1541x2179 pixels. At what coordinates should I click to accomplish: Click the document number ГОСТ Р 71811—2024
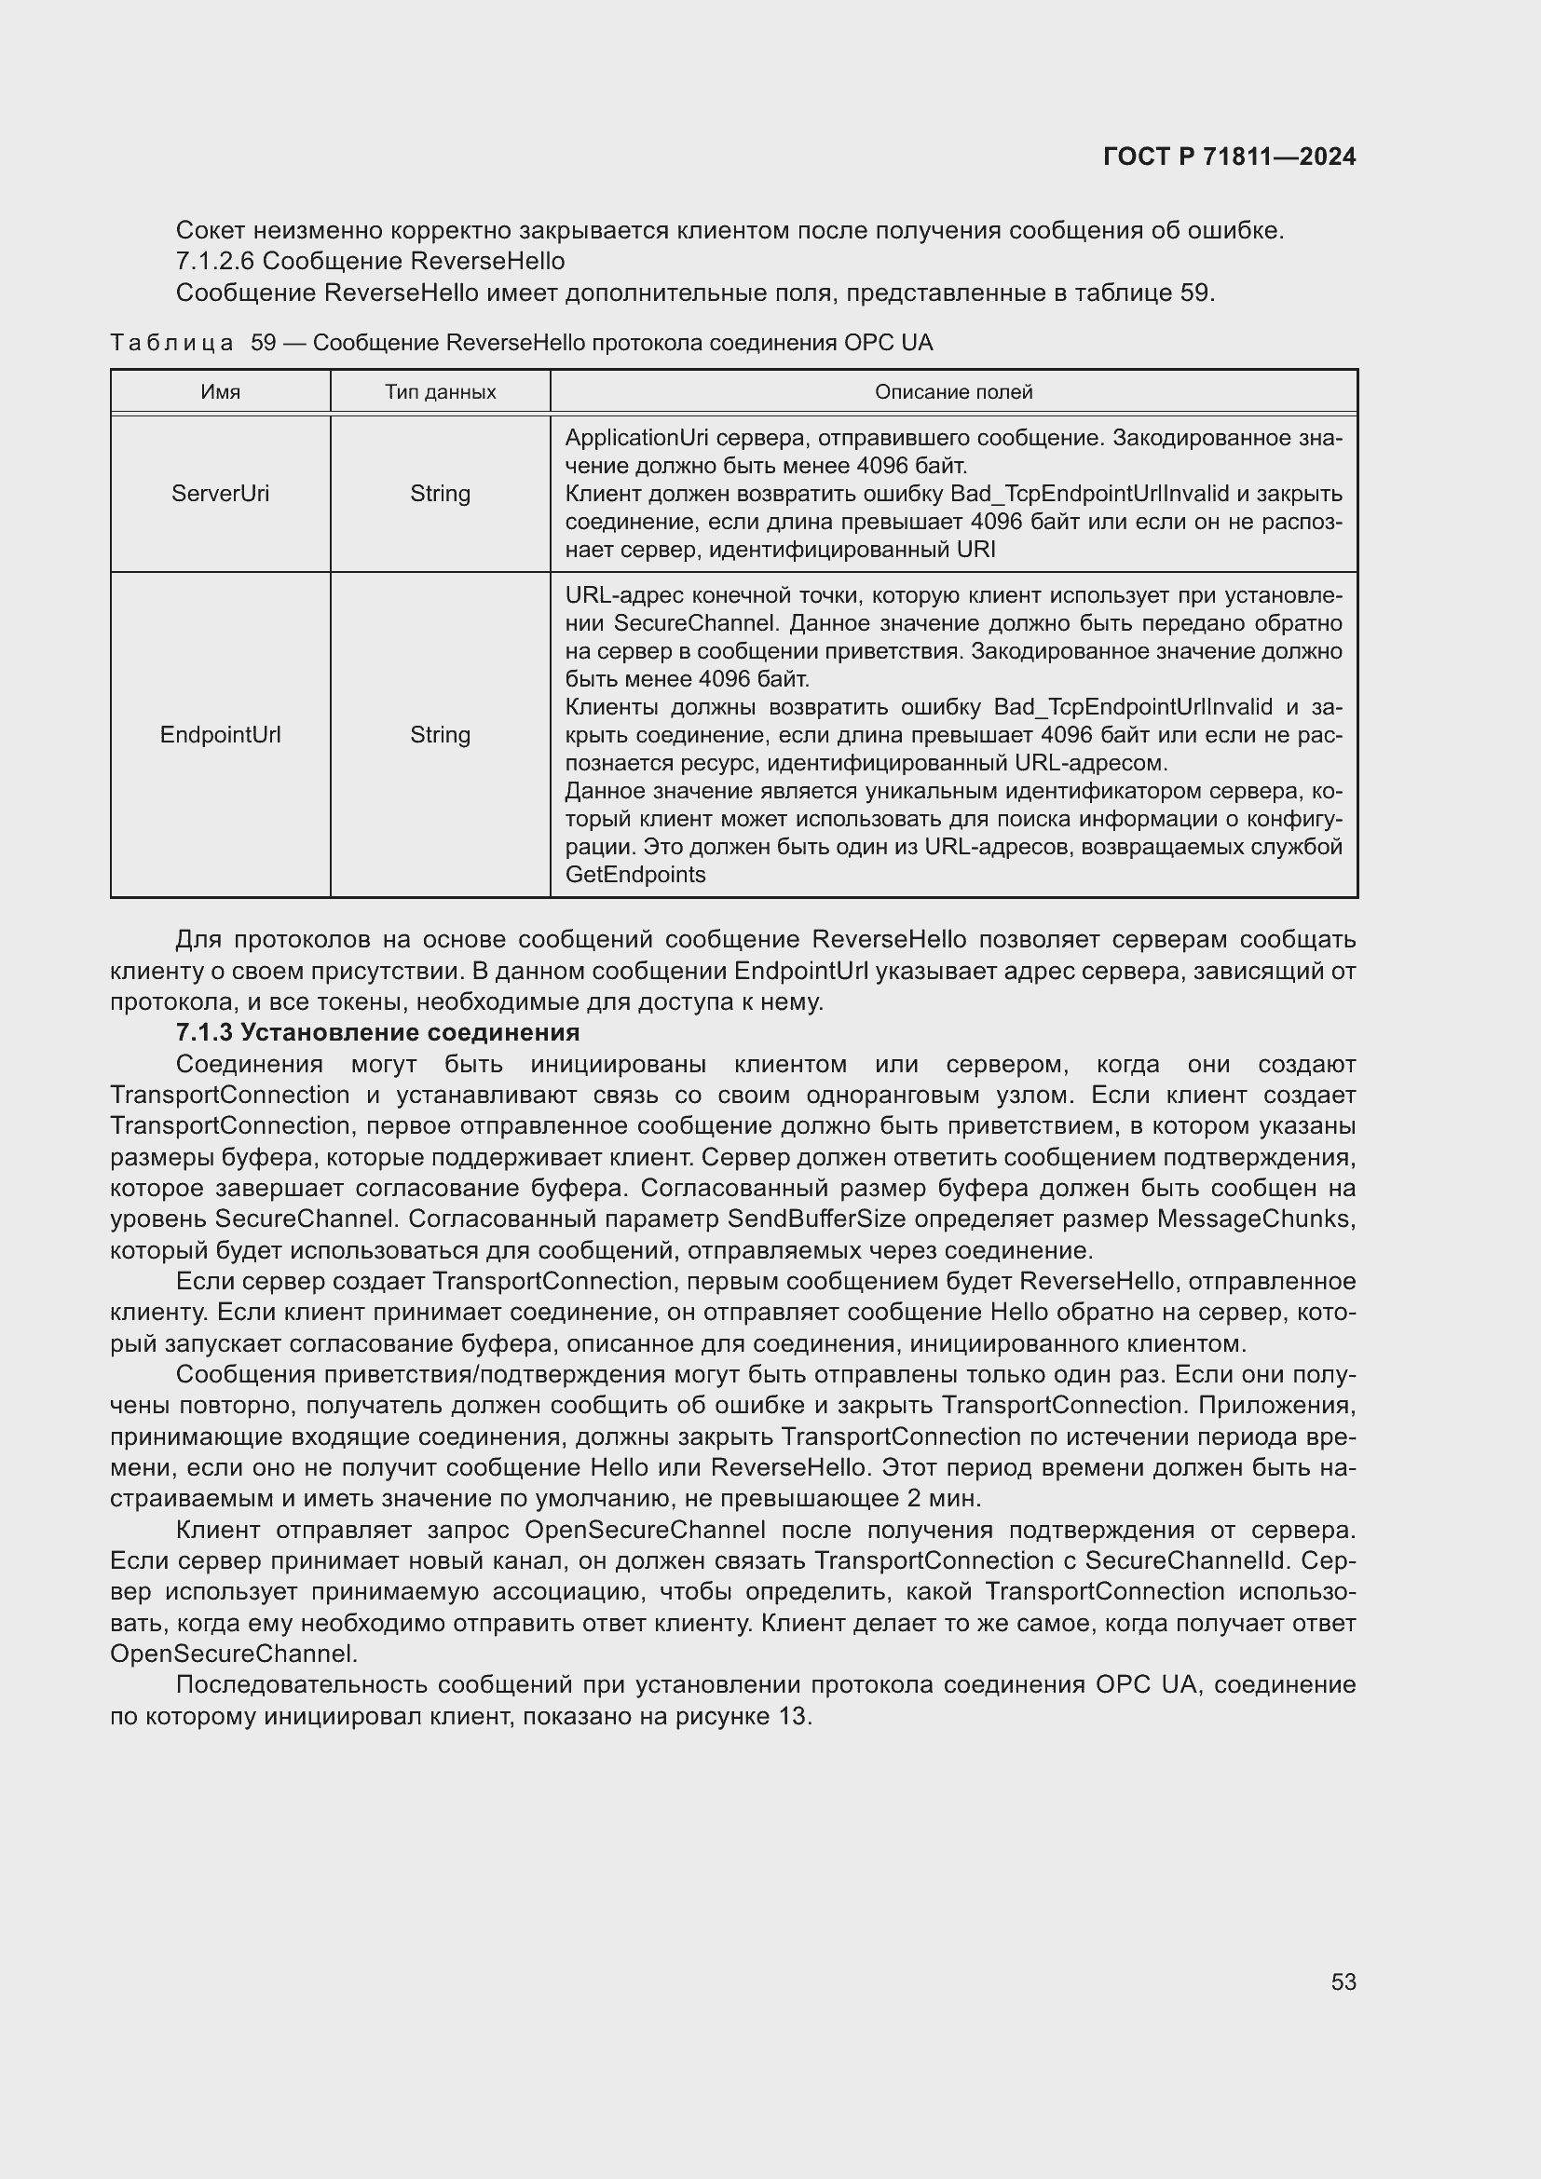point(1229,157)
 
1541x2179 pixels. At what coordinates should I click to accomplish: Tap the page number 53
point(1343,1982)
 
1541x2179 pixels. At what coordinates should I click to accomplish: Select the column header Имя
point(220,392)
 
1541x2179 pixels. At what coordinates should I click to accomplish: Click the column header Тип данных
point(441,392)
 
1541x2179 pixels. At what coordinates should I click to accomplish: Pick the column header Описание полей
point(953,392)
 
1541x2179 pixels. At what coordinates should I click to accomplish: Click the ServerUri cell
point(220,494)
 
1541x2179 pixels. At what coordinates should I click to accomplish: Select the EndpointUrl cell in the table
point(220,734)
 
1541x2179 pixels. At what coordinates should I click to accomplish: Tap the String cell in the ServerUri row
point(441,494)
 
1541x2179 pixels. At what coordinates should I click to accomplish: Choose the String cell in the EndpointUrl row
point(441,734)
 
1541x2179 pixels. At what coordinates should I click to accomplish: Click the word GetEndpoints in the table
point(634,875)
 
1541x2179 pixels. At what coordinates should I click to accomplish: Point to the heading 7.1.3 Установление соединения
point(377,1031)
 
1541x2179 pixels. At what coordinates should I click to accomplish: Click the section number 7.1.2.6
point(215,261)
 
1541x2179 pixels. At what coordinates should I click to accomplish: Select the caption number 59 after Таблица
point(263,343)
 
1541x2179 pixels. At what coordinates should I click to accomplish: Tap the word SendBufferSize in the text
point(816,1219)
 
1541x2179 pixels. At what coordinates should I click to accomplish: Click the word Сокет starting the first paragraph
point(211,231)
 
